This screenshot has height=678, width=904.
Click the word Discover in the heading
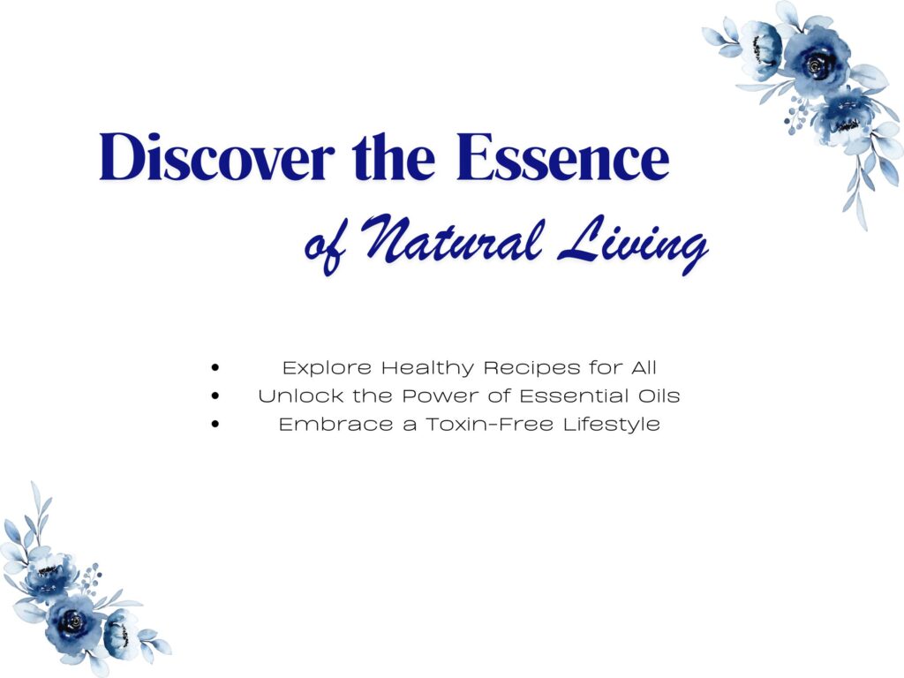[x=217, y=157]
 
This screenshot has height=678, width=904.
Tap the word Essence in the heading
[x=562, y=157]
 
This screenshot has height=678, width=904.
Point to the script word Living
[x=633, y=245]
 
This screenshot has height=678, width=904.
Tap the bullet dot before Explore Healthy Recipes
[x=215, y=367]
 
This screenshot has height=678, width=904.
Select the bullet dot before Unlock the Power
[x=215, y=395]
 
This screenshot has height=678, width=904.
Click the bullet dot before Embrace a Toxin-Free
[x=215, y=425]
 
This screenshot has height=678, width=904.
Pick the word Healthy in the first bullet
[x=428, y=368]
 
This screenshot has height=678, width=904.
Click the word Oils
[x=659, y=395]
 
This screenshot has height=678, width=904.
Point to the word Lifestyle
[x=612, y=425]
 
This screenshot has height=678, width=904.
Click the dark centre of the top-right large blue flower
[x=815, y=64]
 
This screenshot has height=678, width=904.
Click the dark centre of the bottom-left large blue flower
[x=75, y=621]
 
